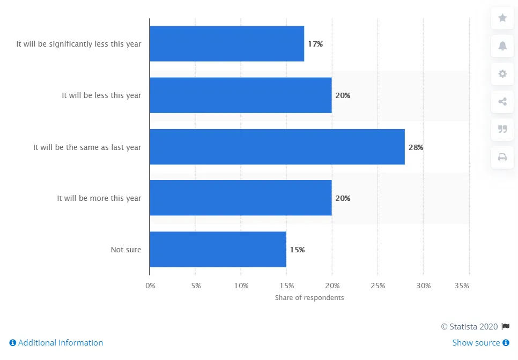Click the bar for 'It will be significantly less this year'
click(x=227, y=44)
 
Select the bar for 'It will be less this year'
click(x=241, y=95)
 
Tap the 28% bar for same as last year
click(x=277, y=147)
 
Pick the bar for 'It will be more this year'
click(x=241, y=198)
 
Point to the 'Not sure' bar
click(x=218, y=250)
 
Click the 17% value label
click(x=315, y=44)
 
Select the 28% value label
click(x=416, y=147)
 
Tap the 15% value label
click(x=297, y=250)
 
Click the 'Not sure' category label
click(x=126, y=250)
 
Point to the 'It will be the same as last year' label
click(x=87, y=147)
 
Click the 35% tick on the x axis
click(x=461, y=286)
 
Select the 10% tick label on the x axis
click(x=241, y=286)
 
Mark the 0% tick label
click(x=150, y=286)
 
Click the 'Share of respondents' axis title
click(x=309, y=297)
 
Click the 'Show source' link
click(x=480, y=343)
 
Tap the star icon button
click(x=502, y=18)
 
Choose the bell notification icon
click(x=502, y=46)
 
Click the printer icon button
click(x=502, y=157)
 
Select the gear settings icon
click(x=502, y=74)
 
